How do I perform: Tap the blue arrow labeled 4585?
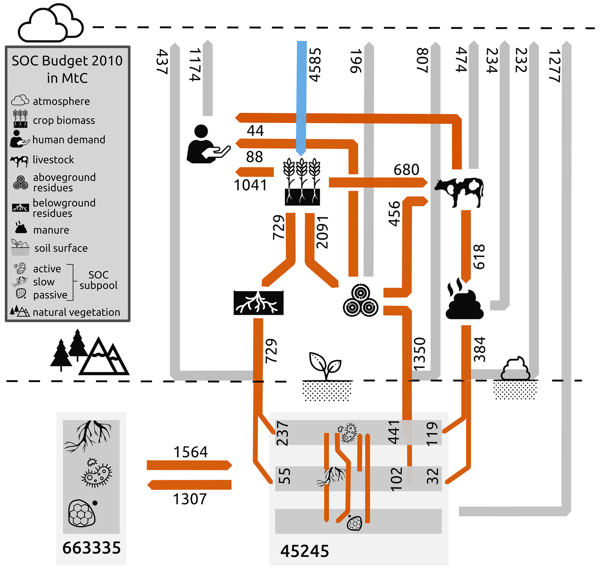[x=302, y=97]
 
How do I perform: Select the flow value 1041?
[x=250, y=185]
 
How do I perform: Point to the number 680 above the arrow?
[x=406, y=170]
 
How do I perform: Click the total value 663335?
[x=91, y=547]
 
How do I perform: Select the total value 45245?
[x=304, y=551]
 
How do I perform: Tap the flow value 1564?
[x=190, y=452]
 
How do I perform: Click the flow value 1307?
[x=190, y=499]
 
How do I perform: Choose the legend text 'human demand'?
[x=69, y=140]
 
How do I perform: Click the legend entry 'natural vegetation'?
[x=76, y=312]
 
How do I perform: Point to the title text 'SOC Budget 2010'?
[x=67, y=61]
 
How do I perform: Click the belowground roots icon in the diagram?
[x=258, y=302]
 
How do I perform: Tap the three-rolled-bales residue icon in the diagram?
[x=361, y=300]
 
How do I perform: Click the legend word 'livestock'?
[x=53, y=160]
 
